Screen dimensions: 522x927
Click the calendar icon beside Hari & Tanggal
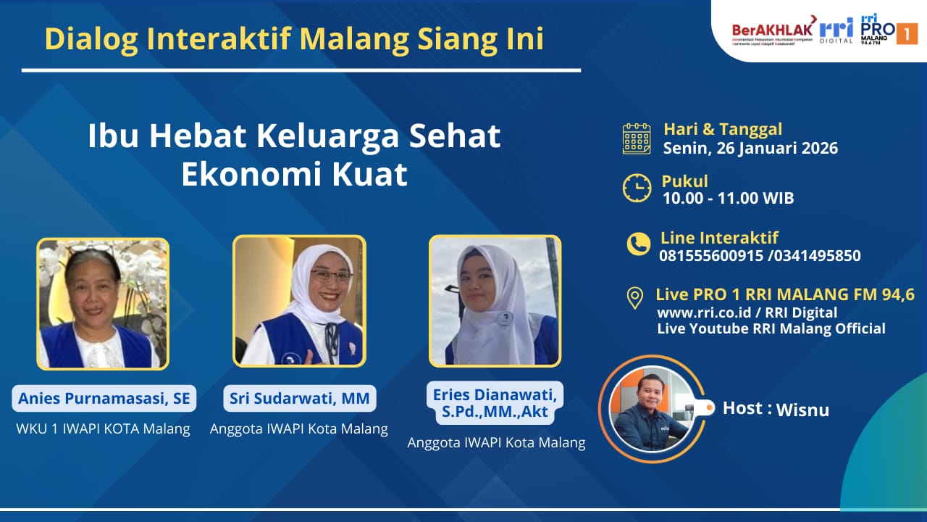637,138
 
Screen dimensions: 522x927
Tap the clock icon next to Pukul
637,188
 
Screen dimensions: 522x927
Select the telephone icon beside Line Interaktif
638,244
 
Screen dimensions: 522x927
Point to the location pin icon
635,298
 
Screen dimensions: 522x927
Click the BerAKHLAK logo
771,30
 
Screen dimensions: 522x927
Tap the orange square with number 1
907,33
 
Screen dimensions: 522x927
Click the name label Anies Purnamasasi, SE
104,398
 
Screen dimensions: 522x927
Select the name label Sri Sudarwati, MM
299,398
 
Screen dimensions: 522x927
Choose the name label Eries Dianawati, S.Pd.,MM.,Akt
495,404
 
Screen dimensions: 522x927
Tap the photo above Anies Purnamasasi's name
103,304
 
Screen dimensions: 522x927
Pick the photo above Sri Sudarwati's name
299,301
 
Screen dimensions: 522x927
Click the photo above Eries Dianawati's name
495,301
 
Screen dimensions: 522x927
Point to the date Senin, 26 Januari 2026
750,149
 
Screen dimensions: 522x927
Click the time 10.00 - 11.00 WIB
728,198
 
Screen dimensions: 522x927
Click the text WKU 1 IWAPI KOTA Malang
103,428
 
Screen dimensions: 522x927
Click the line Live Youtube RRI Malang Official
771,328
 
